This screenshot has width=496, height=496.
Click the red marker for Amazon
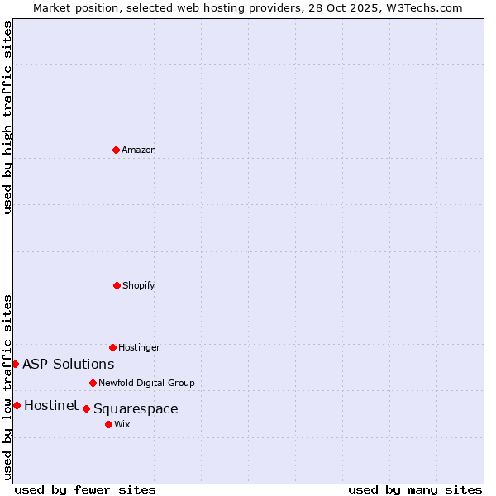click(x=116, y=150)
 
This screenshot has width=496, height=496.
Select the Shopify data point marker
click(x=117, y=285)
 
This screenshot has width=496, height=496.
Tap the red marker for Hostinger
click(x=112, y=347)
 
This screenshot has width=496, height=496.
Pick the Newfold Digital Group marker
click(x=93, y=383)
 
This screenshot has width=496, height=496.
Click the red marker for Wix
click(x=108, y=424)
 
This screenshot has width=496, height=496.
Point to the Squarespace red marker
click(x=86, y=408)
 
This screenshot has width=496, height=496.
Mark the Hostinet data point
click(x=17, y=405)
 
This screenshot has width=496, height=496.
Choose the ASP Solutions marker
click(x=15, y=364)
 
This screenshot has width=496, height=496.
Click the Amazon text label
click(x=139, y=150)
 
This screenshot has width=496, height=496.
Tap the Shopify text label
click(x=139, y=285)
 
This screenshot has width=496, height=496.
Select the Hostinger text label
click(x=139, y=347)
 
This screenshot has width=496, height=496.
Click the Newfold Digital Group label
click(x=146, y=383)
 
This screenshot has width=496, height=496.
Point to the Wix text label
click(x=122, y=424)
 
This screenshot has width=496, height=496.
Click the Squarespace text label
click(x=136, y=408)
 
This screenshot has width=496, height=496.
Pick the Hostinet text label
click(x=51, y=405)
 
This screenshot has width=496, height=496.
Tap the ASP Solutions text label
click(x=69, y=364)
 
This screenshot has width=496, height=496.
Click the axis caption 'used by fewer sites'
click(x=85, y=489)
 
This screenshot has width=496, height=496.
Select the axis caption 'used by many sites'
click(x=415, y=489)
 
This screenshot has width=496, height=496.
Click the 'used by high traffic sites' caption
click(x=7, y=117)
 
